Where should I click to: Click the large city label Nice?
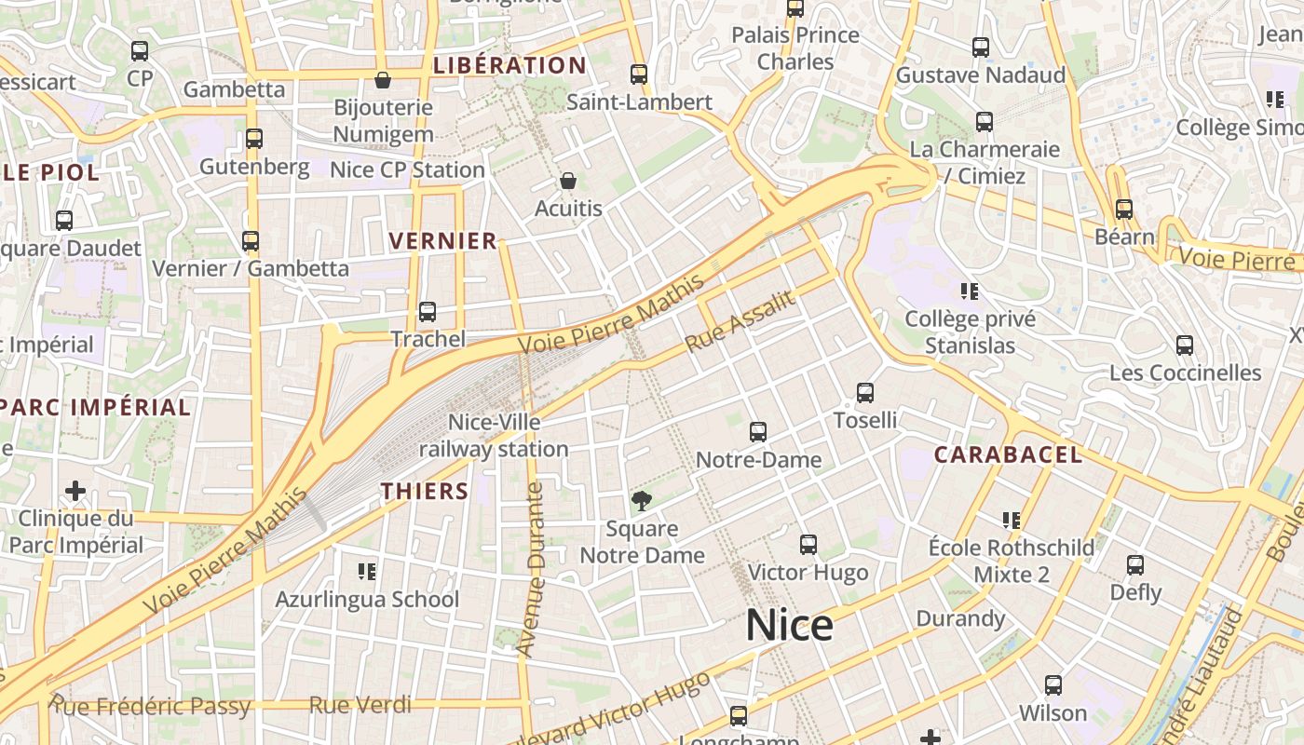pyautogui.click(x=789, y=625)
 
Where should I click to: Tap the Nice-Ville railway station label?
pyautogui.click(x=494, y=436)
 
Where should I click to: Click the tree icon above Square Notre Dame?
pyautogui.click(x=641, y=501)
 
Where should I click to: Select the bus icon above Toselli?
pyautogui.click(x=865, y=393)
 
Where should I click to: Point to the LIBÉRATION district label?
pyautogui.click(x=509, y=65)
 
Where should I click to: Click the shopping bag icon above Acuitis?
pyautogui.click(x=568, y=181)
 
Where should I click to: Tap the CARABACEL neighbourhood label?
pyautogui.click(x=1008, y=454)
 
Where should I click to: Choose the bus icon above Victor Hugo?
pyautogui.click(x=808, y=545)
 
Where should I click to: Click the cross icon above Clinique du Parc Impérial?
pyautogui.click(x=75, y=491)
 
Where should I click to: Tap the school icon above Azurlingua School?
pyautogui.click(x=367, y=571)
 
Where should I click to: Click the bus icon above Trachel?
pyautogui.click(x=428, y=312)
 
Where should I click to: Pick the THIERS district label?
pyautogui.click(x=425, y=491)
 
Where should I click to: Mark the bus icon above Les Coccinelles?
pyautogui.click(x=1185, y=345)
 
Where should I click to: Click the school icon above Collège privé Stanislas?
pyautogui.click(x=971, y=291)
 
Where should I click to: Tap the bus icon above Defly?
pyautogui.click(x=1135, y=564)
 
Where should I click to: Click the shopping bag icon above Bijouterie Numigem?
pyautogui.click(x=383, y=80)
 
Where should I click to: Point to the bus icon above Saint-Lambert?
pyautogui.click(x=639, y=74)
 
